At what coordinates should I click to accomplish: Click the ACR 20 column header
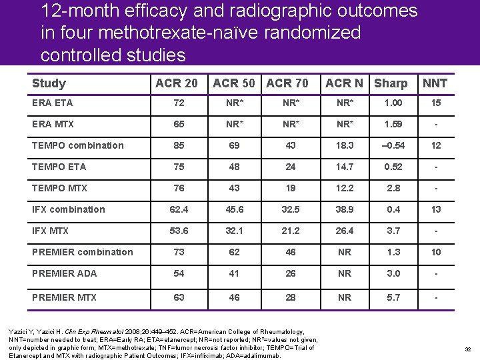[x=176, y=83]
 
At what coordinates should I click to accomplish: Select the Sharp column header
[x=391, y=83]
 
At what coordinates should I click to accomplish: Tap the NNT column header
[x=435, y=83]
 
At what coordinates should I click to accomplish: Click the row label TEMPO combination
[x=77, y=145]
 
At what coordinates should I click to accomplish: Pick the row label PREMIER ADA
[x=64, y=273]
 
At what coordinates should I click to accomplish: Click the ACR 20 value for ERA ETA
[x=179, y=103]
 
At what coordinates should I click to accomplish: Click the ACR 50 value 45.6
[x=235, y=209]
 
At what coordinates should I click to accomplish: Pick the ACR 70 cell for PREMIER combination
[x=291, y=252]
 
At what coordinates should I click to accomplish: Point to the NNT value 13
[x=436, y=209]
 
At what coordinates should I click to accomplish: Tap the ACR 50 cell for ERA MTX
[x=235, y=124]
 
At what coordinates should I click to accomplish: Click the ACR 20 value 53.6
[x=179, y=231]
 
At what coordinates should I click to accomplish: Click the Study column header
[x=49, y=83]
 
